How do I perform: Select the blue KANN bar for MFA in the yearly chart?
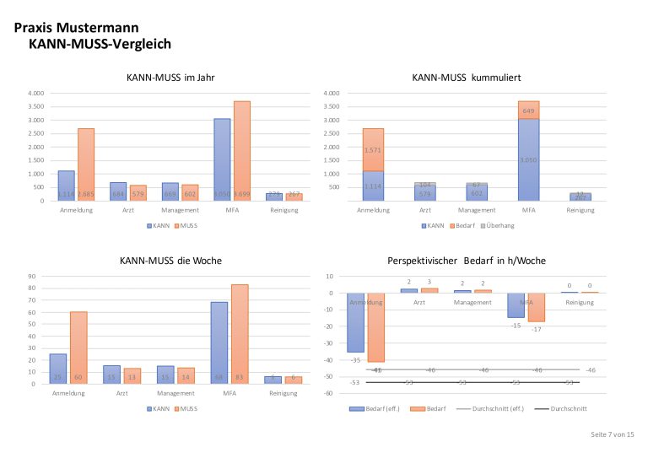tap(222, 159)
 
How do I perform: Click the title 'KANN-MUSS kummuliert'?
tap(466, 78)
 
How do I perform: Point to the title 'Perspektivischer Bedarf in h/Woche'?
tap(466, 261)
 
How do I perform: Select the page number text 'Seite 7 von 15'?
tap(612, 434)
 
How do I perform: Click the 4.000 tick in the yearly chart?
tap(35, 93)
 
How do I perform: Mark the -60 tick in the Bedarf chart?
tap(330, 393)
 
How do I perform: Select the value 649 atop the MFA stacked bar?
tap(528, 110)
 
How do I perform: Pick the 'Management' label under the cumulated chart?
tap(478, 210)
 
